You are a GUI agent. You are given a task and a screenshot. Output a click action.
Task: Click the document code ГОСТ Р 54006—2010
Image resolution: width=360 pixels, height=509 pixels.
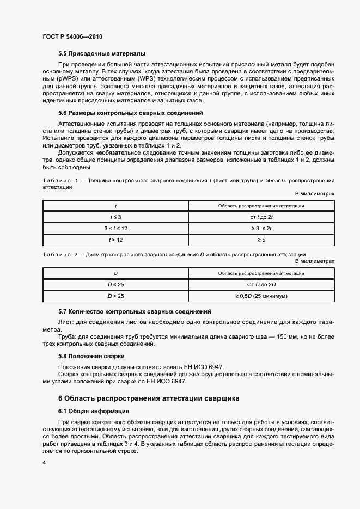(x=72, y=36)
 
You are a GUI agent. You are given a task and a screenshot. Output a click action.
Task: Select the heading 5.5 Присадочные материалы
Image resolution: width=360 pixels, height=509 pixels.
(x=102, y=54)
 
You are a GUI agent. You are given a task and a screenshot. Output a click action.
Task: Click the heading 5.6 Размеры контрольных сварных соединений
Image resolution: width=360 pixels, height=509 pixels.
(x=130, y=113)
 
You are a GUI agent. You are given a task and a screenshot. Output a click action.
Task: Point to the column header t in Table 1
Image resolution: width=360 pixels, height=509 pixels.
(x=115, y=206)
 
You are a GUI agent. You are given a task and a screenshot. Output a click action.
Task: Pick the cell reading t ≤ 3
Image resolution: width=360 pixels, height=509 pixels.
(x=115, y=217)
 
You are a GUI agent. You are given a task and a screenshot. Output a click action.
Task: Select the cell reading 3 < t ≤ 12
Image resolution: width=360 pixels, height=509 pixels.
(x=115, y=228)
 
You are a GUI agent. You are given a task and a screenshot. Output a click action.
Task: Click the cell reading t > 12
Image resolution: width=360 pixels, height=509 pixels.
(x=115, y=240)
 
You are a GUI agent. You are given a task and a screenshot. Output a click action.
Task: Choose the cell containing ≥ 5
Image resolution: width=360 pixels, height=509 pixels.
(x=261, y=240)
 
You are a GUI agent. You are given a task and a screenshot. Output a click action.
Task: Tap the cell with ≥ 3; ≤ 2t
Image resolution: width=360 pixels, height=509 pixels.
(x=261, y=228)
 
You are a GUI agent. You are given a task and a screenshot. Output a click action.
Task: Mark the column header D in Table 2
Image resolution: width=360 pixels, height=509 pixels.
(x=115, y=273)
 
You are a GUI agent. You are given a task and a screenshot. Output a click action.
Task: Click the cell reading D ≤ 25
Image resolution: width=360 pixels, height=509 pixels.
(x=115, y=284)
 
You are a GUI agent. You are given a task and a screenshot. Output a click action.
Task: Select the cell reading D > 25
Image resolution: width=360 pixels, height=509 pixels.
(x=115, y=296)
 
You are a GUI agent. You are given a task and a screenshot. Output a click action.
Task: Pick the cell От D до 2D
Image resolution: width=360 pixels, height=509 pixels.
(x=261, y=284)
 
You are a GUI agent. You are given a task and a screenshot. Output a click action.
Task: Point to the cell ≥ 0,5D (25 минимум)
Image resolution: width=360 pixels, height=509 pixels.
(x=261, y=296)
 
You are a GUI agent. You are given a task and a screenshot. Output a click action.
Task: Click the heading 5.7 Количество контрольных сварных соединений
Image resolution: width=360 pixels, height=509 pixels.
(x=135, y=311)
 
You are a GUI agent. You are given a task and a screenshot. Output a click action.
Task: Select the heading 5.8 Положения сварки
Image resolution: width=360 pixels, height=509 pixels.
(x=91, y=356)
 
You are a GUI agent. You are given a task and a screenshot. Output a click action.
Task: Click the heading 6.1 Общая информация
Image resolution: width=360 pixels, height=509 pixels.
(x=93, y=411)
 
